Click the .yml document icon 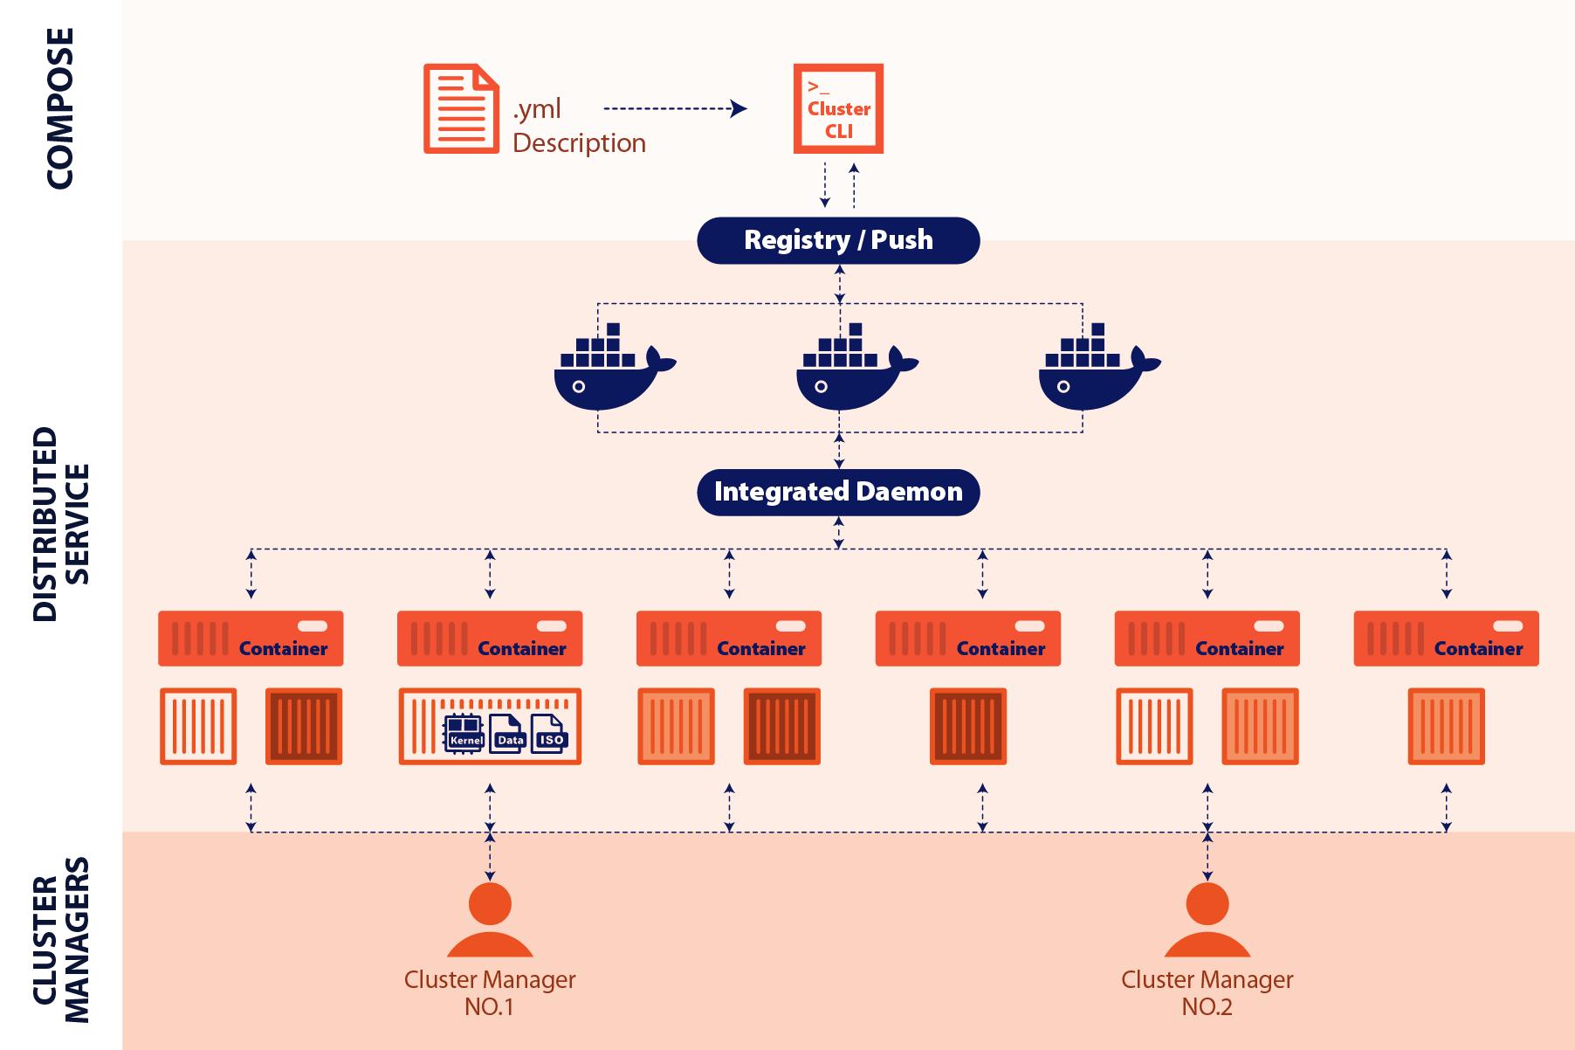461,108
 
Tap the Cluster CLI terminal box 838,108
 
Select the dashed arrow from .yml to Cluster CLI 674,109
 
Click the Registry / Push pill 838,240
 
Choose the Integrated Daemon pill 838,492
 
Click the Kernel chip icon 464,732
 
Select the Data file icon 509,732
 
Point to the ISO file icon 551,732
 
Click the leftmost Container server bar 251,639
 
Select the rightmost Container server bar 1446,639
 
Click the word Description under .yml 579,143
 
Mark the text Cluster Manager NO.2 1207,992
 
